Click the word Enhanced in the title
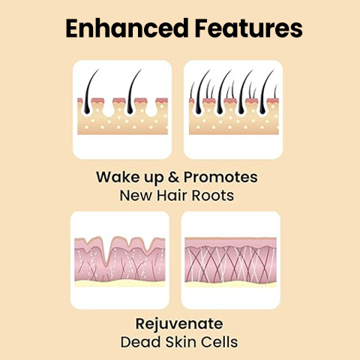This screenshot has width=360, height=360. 127,28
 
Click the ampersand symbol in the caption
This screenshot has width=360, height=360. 173,177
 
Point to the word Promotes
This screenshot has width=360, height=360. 220,178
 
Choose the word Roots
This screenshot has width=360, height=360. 213,196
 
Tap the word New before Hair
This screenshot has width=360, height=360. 136,196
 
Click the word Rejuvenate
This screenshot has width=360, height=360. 179,324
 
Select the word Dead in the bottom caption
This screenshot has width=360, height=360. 140,342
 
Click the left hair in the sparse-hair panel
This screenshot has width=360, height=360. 89,92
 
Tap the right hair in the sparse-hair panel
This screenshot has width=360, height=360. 132,92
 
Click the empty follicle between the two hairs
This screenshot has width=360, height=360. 109,108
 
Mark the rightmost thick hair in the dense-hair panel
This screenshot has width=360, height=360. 265,93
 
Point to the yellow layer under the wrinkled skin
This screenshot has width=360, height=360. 120,283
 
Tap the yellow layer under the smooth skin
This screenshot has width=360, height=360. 230,284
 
